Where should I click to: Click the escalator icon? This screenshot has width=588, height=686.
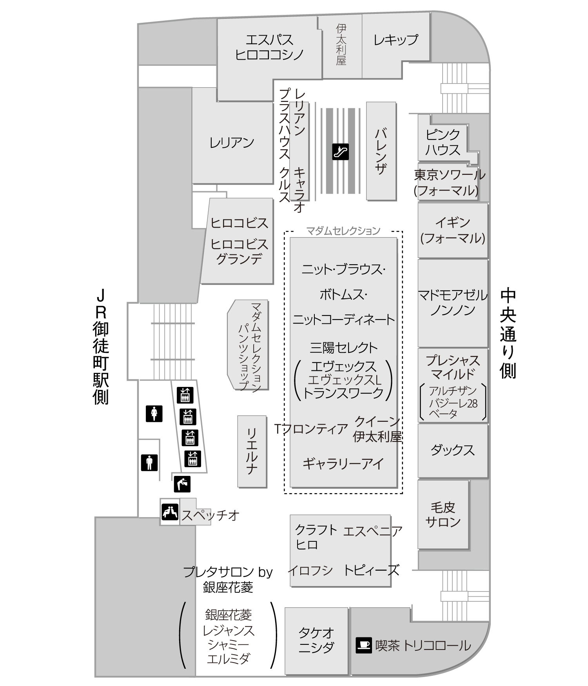point(340,152)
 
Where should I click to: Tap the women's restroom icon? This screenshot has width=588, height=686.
point(154,414)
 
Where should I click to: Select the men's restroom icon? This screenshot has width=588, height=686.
point(149,463)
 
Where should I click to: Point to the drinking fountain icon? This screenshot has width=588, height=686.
point(182,484)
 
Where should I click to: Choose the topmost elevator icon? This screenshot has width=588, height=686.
point(185,395)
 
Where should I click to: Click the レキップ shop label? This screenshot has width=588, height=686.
point(396,40)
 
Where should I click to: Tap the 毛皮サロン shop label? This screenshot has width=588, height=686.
point(443,515)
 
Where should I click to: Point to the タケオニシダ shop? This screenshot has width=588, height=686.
point(316,641)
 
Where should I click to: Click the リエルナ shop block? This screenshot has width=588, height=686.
point(252,452)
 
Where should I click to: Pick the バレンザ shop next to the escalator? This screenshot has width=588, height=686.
point(381,151)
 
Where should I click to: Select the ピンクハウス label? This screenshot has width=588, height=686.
point(443,142)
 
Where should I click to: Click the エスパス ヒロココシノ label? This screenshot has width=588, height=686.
point(269,47)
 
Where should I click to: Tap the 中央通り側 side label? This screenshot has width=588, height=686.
point(508,334)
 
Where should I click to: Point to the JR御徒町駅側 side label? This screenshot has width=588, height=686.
point(101,347)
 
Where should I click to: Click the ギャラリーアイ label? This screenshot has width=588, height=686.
point(343,464)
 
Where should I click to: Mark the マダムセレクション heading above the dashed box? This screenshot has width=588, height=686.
point(343,230)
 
